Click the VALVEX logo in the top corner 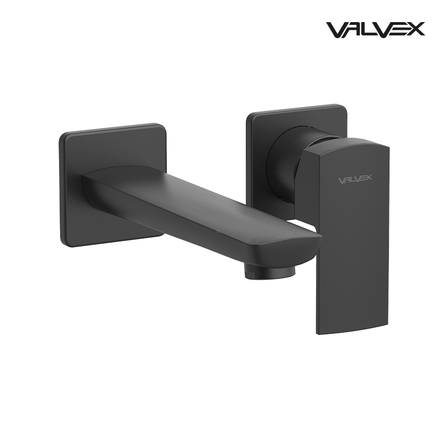click(x=376, y=29)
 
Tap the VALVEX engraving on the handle click(x=354, y=180)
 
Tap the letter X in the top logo click(x=416, y=29)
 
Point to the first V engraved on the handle click(x=341, y=180)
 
